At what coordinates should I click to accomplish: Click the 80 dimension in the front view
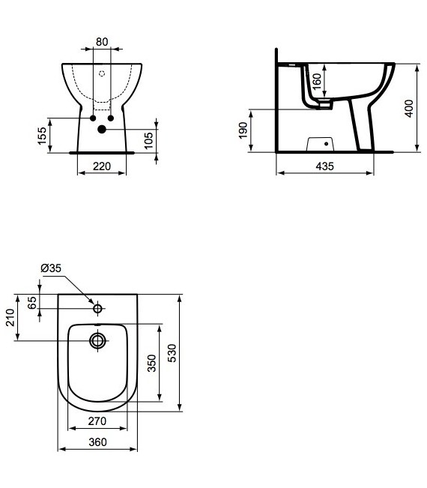(101, 42)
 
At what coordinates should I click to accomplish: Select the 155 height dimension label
(43, 135)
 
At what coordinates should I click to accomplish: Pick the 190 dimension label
(243, 131)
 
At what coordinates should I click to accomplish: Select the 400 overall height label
(408, 108)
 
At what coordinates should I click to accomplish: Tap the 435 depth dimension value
(324, 166)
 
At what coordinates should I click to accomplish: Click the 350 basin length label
(151, 364)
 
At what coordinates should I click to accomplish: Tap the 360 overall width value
(97, 442)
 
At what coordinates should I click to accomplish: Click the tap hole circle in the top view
(97, 308)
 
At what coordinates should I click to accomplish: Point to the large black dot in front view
(102, 130)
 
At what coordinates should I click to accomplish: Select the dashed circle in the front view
(102, 73)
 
